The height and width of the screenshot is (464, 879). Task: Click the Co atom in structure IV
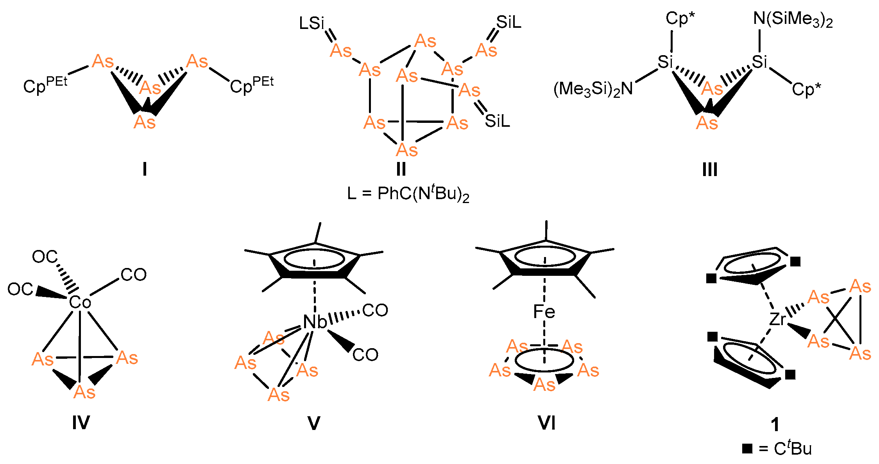[80, 302]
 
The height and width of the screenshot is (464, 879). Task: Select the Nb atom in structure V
[315, 322]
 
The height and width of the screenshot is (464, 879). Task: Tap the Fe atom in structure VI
[544, 312]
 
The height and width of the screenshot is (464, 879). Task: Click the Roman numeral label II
[401, 169]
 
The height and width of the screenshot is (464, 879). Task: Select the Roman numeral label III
[709, 170]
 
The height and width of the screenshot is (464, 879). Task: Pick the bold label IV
[81, 423]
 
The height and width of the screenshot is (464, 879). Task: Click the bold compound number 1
[775, 425]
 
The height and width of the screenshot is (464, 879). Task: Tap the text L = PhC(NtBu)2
[408, 194]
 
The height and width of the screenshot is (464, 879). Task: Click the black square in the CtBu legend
[747, 448]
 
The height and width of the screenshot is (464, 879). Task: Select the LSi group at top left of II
[311, 23]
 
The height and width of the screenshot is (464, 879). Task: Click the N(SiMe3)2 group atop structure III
[793, 20]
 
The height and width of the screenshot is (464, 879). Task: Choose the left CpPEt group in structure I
[45, 85]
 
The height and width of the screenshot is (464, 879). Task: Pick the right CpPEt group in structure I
[251, 85]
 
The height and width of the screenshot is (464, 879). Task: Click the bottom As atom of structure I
[144, 122]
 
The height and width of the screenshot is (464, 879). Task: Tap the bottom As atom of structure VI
[544, 385]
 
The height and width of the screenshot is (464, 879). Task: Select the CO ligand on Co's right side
[133, 275]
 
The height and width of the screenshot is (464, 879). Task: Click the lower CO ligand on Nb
[365, 355]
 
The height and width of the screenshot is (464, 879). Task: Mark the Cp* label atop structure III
[680, 19]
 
